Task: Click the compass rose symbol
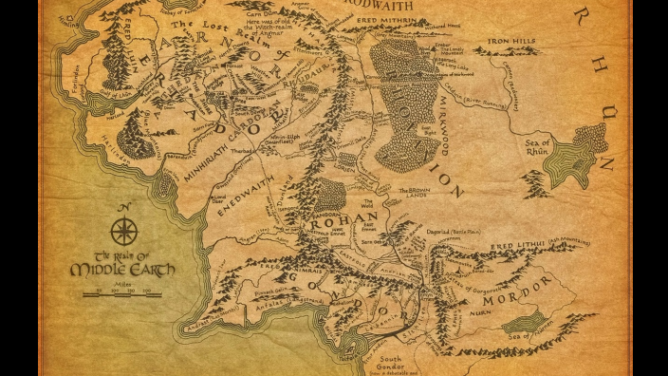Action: coord(123,231)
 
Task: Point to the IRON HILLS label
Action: coord(512,43)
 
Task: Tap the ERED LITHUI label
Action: coord(517,244)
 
